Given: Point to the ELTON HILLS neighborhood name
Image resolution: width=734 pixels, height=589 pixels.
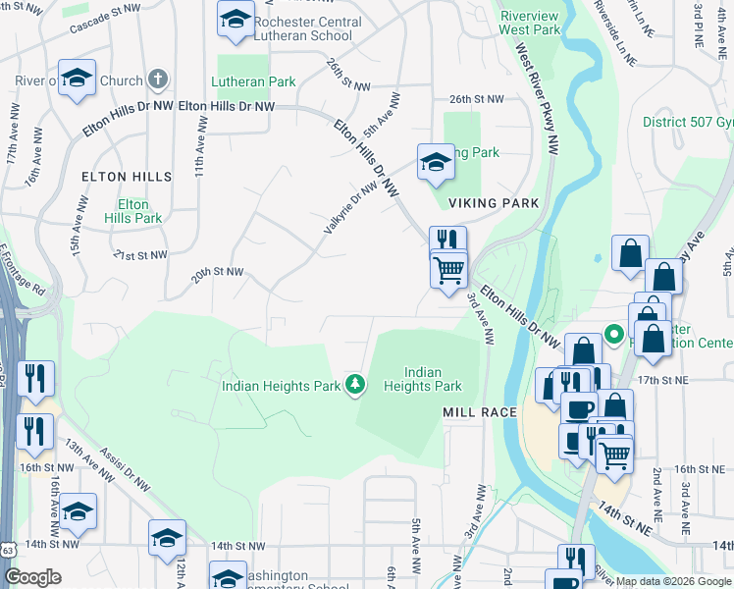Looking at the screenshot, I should (x=127, y=177).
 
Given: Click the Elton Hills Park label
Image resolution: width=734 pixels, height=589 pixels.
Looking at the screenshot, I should (x=127, y=211).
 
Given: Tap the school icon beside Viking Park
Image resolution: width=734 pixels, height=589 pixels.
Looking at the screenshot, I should (x=436, y=164).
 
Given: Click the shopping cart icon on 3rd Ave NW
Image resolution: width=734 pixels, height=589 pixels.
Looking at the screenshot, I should (x=449, y=268).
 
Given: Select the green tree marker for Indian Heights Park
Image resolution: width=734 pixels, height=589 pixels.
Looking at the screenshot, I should (x=355, y=385).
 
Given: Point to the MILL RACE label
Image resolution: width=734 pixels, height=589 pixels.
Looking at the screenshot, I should (x=479, y=412).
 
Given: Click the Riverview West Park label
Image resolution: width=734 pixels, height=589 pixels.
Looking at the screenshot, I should (x=530, y=24).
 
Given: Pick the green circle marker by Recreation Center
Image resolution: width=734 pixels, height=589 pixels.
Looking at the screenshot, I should (x=614, y=335).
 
